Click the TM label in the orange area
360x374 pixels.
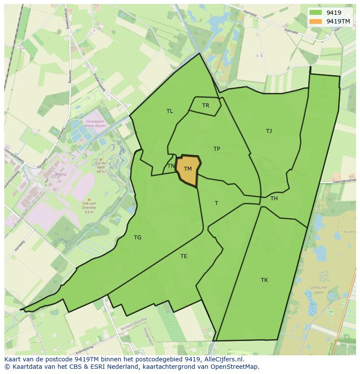point(188,169)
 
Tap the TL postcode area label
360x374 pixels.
point(170,111)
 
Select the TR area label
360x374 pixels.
point(206,106)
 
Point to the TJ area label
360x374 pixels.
point(269,131)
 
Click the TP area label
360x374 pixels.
point(217,149)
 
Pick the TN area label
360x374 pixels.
point(171,166)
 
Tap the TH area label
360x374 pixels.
point(274,199)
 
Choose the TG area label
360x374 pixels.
point(137,238)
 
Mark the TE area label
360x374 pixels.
point(184,256)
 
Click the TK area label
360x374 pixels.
point(264,280)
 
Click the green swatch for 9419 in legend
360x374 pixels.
point(316,13)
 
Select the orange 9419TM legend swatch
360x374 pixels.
point(316,21)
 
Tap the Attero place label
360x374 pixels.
point(60,174)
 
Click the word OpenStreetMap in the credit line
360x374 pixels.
point(236,367)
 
